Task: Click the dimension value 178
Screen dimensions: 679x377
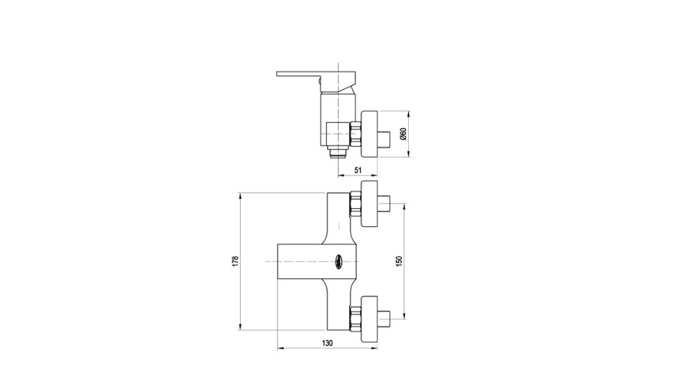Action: [x=235, y=261]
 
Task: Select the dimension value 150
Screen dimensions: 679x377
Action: [x=399, y=261]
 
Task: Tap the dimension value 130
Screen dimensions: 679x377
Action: [x=327, y=343]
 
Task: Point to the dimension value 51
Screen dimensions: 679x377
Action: [x=358, y=170]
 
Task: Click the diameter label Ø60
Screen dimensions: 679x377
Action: [x=403, y=133]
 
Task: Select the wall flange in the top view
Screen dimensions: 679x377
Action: [x=370, y=133]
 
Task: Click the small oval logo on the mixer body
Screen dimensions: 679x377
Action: [x=338, y=262]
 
